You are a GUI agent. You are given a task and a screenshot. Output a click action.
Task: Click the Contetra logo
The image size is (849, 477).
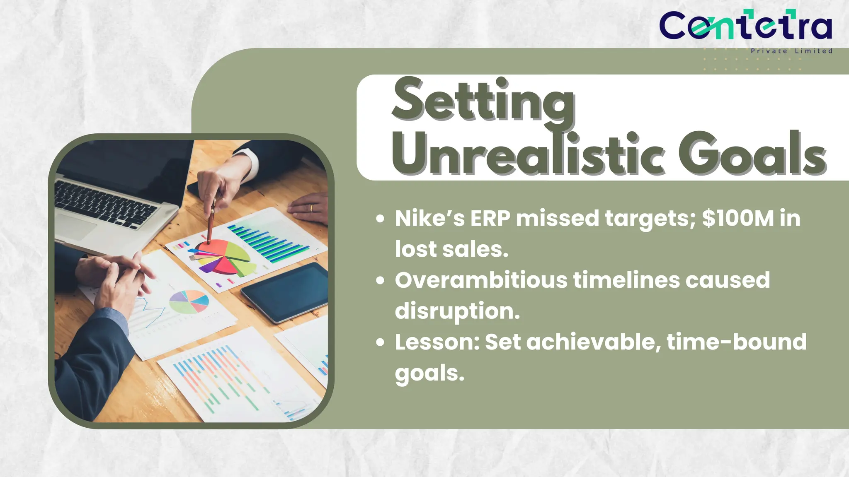(745, 26)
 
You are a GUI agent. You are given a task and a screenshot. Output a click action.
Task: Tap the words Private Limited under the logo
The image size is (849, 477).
(791, 51)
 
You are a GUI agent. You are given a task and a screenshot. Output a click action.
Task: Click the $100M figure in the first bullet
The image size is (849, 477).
(738, 218)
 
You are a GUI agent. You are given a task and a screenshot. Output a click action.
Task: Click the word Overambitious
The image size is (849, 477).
(481, 280)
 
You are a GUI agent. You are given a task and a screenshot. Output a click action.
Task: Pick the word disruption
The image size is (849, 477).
(457, 311)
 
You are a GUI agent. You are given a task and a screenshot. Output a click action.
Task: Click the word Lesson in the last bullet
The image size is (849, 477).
(437, 342)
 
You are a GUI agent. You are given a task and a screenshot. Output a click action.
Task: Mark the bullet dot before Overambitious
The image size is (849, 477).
(380, 281)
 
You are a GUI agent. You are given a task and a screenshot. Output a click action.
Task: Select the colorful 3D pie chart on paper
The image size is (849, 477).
(224, 257)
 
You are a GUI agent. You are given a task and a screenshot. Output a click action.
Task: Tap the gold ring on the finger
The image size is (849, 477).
(311, 208)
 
